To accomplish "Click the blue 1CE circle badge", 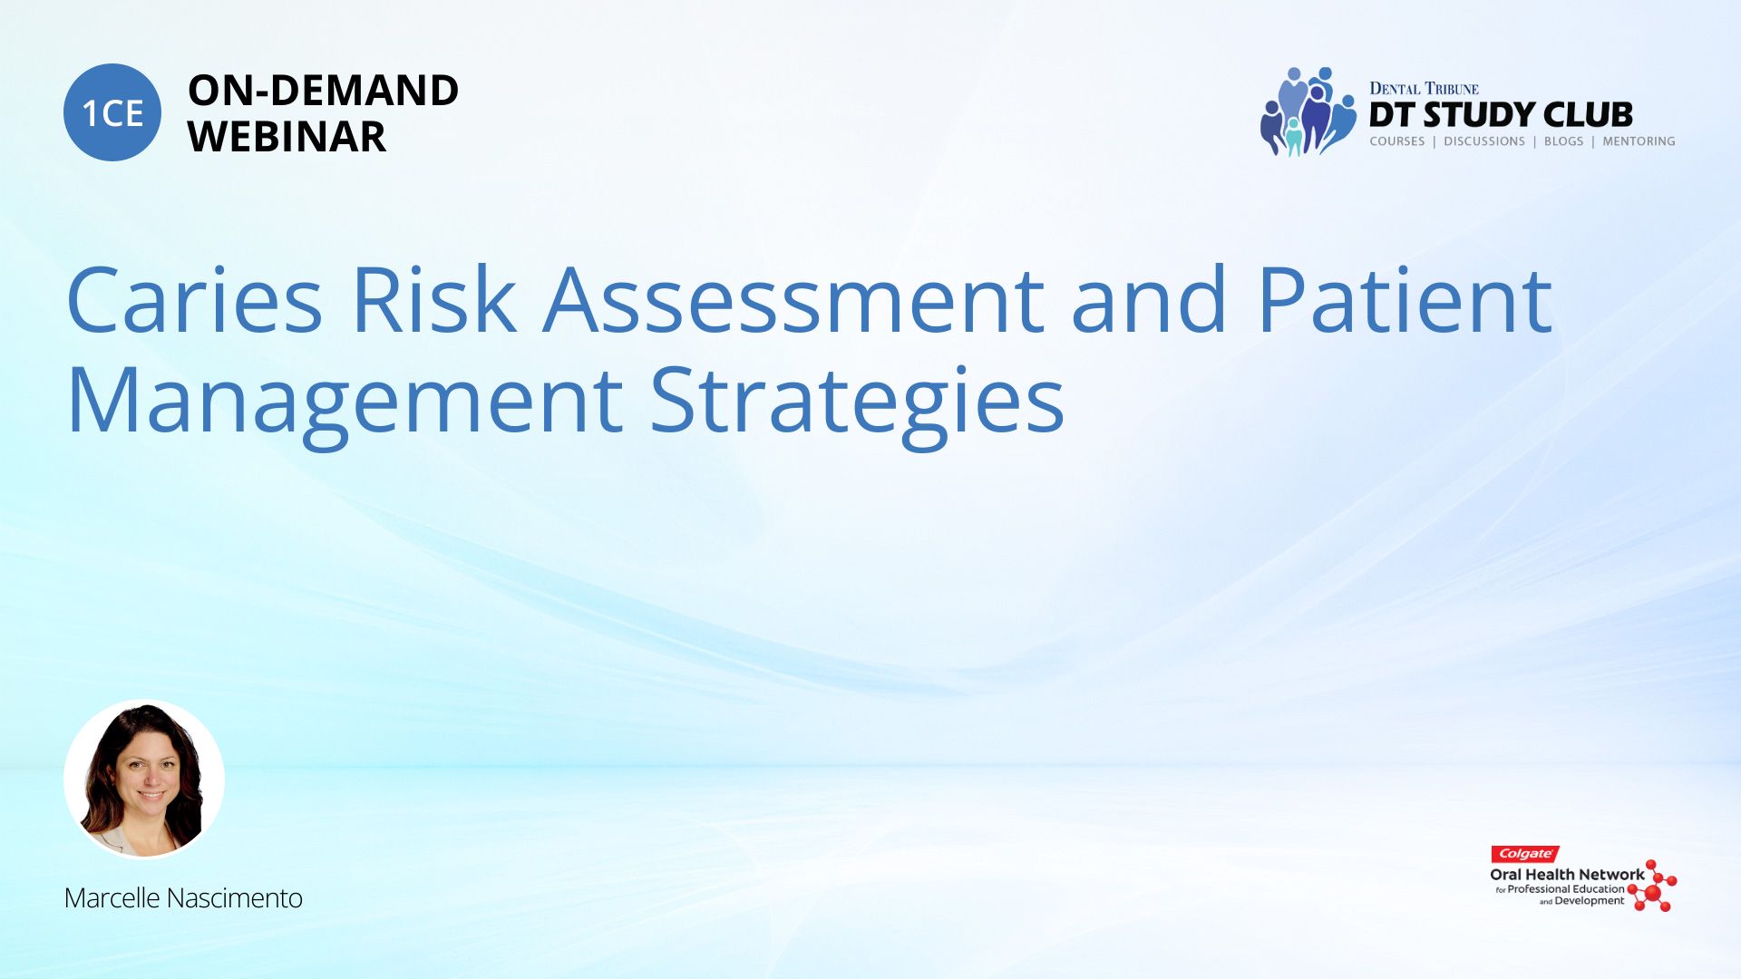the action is click(112, 112).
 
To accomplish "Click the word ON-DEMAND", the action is click(323, 90).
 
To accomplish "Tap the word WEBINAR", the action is click(287, 137).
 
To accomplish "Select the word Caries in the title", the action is click(194, 300).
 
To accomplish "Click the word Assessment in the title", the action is click(794, 300).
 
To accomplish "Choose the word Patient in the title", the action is click(1405, 300).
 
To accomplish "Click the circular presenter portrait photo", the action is click(144, 780).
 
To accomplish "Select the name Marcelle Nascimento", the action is click(183, 897).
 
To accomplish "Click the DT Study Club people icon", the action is click(1307, 111).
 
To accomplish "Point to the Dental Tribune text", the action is click(1424, 88).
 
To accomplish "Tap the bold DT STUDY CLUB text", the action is click(1501, 115).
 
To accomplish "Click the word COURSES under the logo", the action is click(1397, 141).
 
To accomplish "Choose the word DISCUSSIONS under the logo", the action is click(1484, 141).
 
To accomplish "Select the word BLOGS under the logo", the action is click(1563, 141).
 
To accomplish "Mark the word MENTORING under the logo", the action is click(1639, 141).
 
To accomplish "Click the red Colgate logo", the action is click(1525, 854).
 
